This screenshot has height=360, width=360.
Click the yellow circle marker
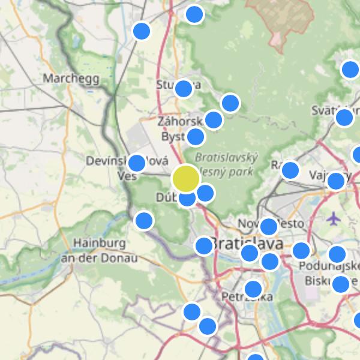(186, 178)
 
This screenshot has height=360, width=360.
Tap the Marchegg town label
(68, 78)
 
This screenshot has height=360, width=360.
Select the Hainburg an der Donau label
(100, 251)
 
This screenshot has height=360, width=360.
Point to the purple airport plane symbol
(334, 218)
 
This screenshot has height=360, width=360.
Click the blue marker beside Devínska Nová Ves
(137, 163)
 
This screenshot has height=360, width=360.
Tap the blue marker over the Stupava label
(183, 89)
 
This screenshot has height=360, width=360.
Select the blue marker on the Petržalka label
(253, 289)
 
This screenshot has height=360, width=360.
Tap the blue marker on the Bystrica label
(196, 137)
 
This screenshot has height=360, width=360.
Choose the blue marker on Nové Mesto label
(268, 227)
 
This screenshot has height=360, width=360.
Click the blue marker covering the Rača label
(290, 170)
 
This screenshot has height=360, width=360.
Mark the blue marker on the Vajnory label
(335, 181)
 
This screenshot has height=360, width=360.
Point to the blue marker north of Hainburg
(144, 221)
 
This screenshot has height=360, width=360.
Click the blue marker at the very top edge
(194, 14)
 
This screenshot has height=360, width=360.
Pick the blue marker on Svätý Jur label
(344, 117)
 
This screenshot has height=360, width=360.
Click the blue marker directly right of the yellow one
(205, 193)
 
